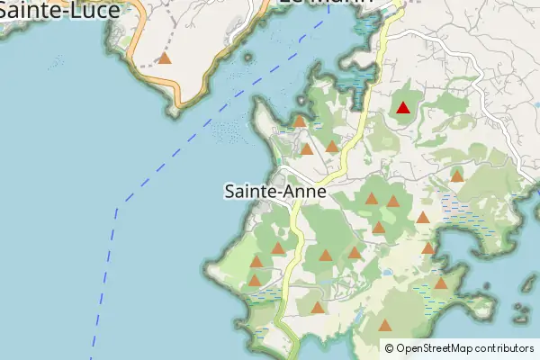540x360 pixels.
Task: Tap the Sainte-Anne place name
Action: click(x=274, y=191)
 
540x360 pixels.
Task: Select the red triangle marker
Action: click(x=403, y=109)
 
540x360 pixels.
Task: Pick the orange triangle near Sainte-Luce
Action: click(x=165, y=58)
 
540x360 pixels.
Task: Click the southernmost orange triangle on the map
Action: click(x=385, y=326)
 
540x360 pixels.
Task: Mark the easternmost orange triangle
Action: click(x=457, y=175)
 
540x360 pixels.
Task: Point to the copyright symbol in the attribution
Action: click(x=389, y=348)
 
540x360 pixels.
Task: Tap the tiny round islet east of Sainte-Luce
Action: click(x=247, y=57)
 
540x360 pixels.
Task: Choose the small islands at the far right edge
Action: click(x=522, y=310)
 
